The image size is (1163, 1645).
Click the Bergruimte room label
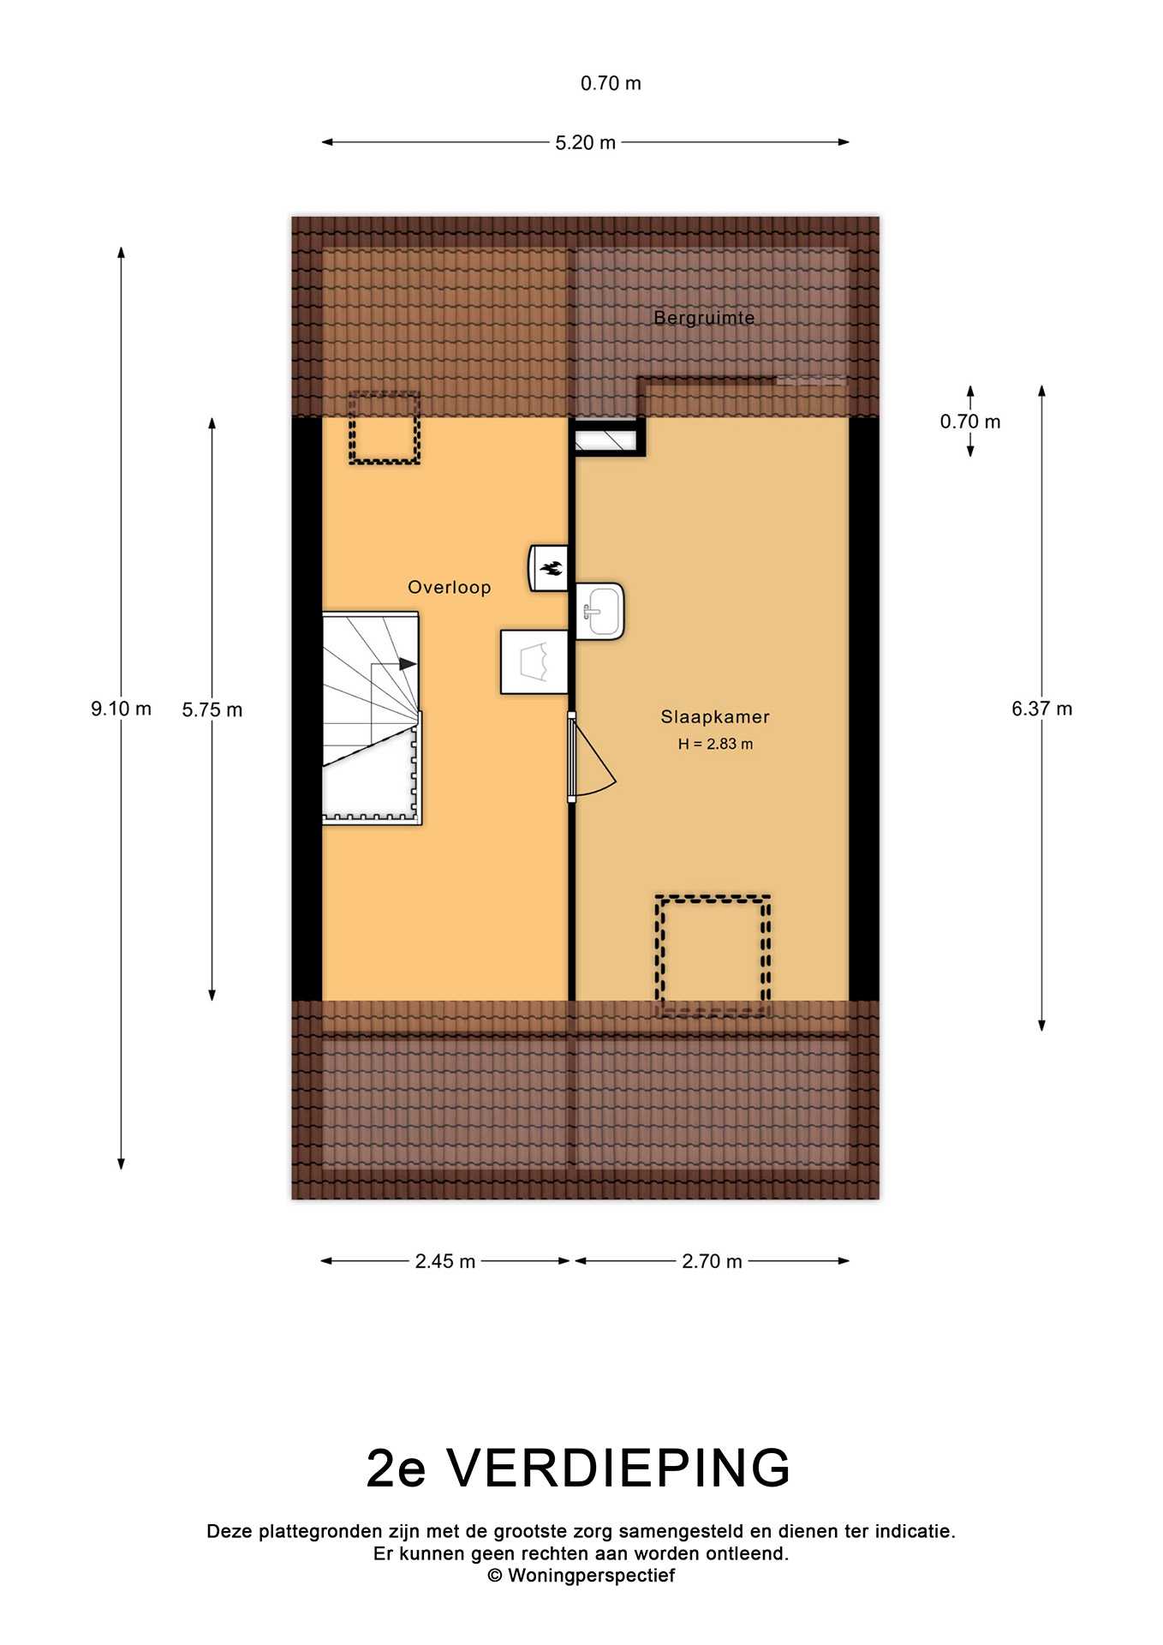704,318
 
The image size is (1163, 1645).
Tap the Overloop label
450,588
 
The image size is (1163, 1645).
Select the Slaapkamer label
715,717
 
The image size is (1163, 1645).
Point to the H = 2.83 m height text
715,744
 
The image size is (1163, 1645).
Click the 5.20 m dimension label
586,143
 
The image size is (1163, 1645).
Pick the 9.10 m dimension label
122,709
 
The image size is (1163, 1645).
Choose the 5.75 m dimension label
212,709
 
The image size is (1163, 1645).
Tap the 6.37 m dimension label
1042,709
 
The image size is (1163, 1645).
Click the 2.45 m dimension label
445,1261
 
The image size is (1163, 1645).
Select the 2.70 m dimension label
712,1261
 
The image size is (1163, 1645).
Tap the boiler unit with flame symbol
548,567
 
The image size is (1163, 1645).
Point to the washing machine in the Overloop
534,661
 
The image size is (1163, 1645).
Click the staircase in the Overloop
372,718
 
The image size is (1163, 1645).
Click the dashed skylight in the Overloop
385,428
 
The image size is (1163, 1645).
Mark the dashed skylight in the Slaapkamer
713,956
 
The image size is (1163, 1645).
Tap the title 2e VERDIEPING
578,1468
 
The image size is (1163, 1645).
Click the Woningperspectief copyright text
581,1575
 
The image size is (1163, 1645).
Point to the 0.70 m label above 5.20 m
611,83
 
